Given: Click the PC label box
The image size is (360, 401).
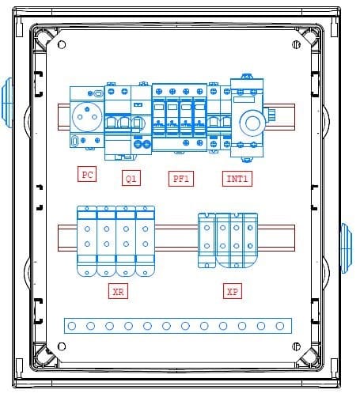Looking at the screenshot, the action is tap(87, 174).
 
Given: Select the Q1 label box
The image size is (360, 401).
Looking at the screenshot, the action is tap(131, 178).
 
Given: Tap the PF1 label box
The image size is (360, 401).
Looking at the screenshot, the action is tap(181, 179).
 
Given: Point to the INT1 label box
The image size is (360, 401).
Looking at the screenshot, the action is tap(237, 179).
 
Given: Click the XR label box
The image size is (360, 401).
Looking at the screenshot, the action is tap(118, 291).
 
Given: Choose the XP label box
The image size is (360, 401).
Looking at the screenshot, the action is tap(233, 291).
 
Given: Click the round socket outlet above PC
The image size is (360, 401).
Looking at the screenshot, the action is tap(87, 117).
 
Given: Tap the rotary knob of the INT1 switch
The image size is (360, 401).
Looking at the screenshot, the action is tap(252, 123).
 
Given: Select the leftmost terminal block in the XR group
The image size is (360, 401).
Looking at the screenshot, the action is tap(87, 241).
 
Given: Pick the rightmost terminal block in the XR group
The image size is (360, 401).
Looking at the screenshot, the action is tap(145, 241).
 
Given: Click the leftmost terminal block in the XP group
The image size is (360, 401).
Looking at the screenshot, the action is tap(207, 240).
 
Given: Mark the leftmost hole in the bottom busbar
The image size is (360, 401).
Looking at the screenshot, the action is tap(72, 326).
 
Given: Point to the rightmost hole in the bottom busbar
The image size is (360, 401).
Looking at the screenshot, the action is tap(280, 326).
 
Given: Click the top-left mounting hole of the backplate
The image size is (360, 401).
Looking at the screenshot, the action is tap(62, 45).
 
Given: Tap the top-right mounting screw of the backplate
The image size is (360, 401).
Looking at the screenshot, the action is tap(296, 45).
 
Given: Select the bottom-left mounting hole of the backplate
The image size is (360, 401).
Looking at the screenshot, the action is tap(62, 346).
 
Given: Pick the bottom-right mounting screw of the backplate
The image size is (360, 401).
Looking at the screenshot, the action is tap(296, 346).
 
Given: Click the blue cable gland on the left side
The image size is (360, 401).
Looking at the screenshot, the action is tap(7, 103).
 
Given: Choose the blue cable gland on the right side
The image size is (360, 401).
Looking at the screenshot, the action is tap(347, 248).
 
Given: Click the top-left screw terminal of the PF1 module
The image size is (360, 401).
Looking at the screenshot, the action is tap(159, 92).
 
